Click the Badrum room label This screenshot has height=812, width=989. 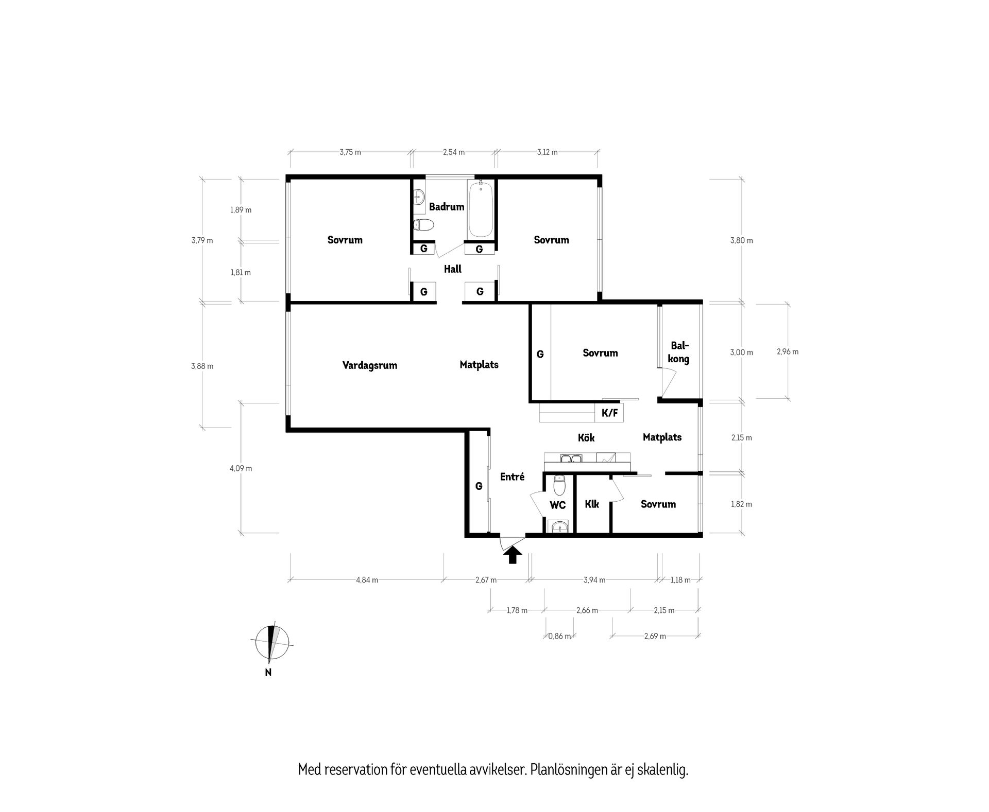point(447,207)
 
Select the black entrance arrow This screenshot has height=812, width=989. point(513,555)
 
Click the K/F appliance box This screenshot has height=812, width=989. point(609,412)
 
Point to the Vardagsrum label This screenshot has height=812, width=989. point(370,366)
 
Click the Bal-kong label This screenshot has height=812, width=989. point(679,352)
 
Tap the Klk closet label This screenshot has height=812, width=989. point(592,504)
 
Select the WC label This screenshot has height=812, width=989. point(558,505)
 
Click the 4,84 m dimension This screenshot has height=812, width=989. point(367,580)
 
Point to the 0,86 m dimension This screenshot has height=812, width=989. point(559,636)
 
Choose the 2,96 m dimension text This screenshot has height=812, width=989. point(788,352)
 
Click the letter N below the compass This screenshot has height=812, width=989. point(268,672)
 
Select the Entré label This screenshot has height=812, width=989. point(513,477)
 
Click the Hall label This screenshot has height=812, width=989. point(453,269)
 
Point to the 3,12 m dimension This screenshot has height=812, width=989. point(547,152)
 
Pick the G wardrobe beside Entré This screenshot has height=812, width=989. point(479,486)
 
